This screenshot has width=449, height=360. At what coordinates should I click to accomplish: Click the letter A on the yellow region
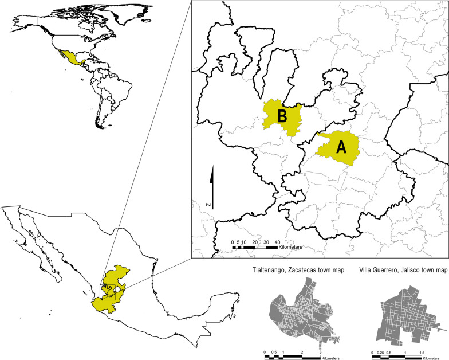(340, 147)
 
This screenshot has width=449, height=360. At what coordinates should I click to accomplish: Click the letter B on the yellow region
(282, 116)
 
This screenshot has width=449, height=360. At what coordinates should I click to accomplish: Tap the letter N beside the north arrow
(210, 204)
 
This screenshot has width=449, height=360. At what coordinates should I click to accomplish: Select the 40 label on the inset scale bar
(277, 242)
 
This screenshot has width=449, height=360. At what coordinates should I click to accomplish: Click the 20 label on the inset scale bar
(255, 242)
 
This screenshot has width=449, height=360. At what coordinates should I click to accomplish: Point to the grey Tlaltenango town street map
(295, 310)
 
